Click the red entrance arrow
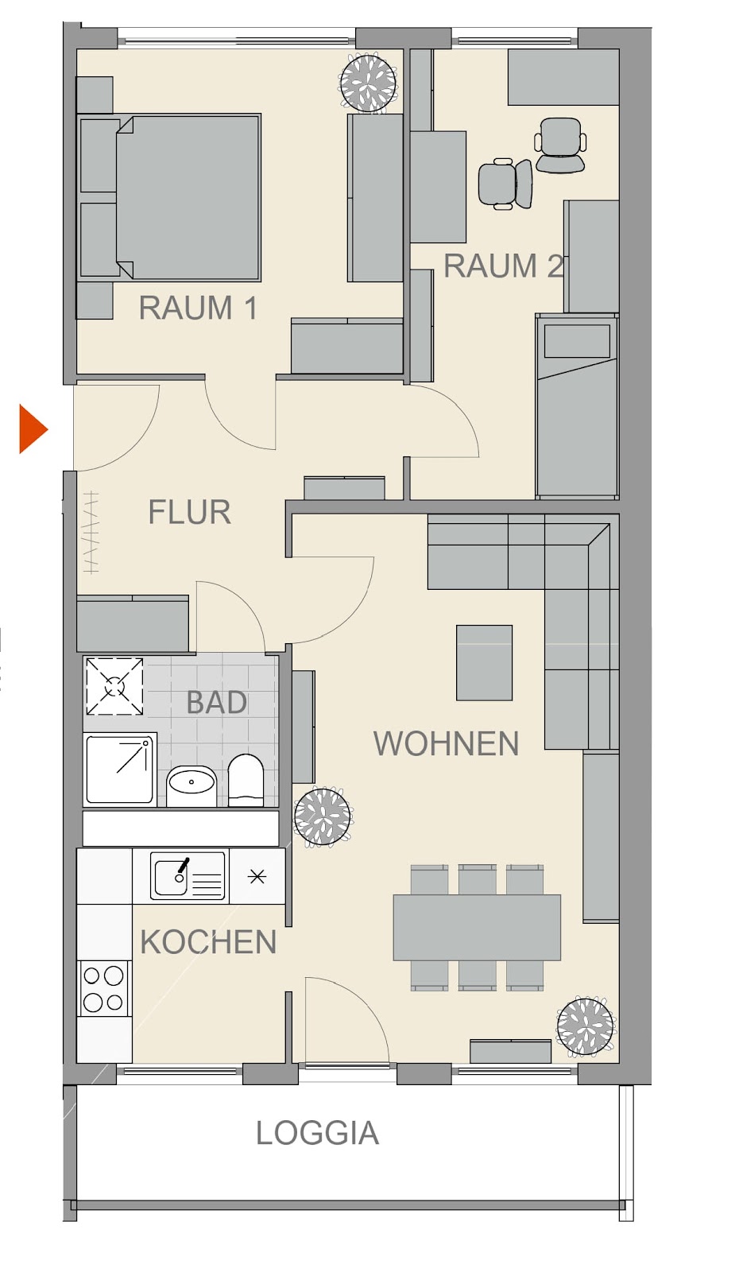point(33,429)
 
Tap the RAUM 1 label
point(198,308)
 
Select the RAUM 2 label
point(504,266)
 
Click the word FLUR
point(190,512)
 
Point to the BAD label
point(217,703)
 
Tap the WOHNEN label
point(446,743)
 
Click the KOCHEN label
point(208,943)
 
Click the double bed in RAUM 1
point(169,198)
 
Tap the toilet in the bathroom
point(246,780)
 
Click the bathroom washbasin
point(191,785)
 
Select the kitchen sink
point(188,875)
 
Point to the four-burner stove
point(103,988)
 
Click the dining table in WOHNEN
point(477,927)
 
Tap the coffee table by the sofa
point(484,663)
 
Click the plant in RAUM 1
point(368,83)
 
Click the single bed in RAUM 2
point(577,405)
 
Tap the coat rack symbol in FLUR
point(91,533)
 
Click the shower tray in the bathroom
point(120,769)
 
